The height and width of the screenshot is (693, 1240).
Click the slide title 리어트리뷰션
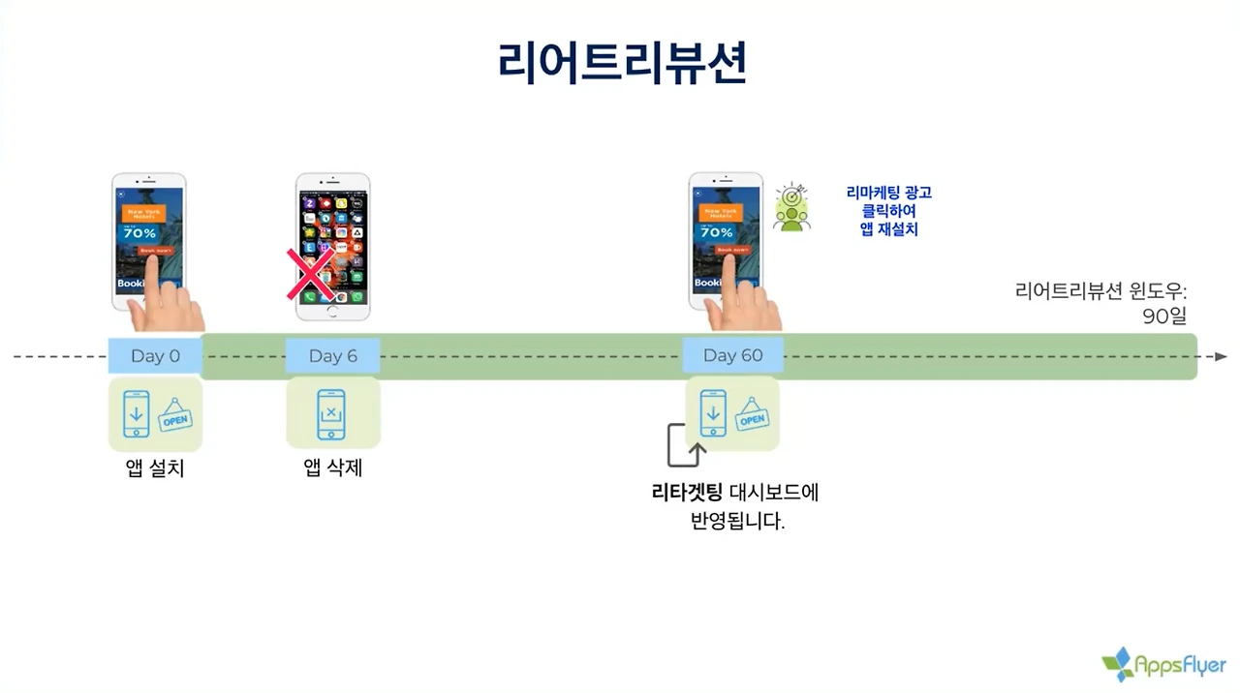(622, 63)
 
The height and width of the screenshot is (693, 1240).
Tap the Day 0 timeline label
(155, 356)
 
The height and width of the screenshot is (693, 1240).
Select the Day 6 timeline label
(332, 356)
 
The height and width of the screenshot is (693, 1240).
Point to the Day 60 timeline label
(732, 356)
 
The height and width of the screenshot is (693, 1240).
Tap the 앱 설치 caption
(155, 469)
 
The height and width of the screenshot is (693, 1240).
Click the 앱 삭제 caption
(332, 469)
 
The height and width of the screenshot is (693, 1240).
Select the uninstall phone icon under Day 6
(332, 414)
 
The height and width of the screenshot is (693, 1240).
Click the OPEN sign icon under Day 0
(175, 416)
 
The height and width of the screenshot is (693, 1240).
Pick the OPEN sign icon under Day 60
(752, 416)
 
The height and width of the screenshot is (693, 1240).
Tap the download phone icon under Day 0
(136, 414)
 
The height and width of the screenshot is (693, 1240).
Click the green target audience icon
(791, 207)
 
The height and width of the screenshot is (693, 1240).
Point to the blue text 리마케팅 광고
(888, 193)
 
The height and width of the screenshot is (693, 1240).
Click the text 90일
(1163, 316)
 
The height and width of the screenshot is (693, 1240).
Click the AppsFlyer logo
(1163, 665)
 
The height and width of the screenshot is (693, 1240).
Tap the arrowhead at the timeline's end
(1221, 356)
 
